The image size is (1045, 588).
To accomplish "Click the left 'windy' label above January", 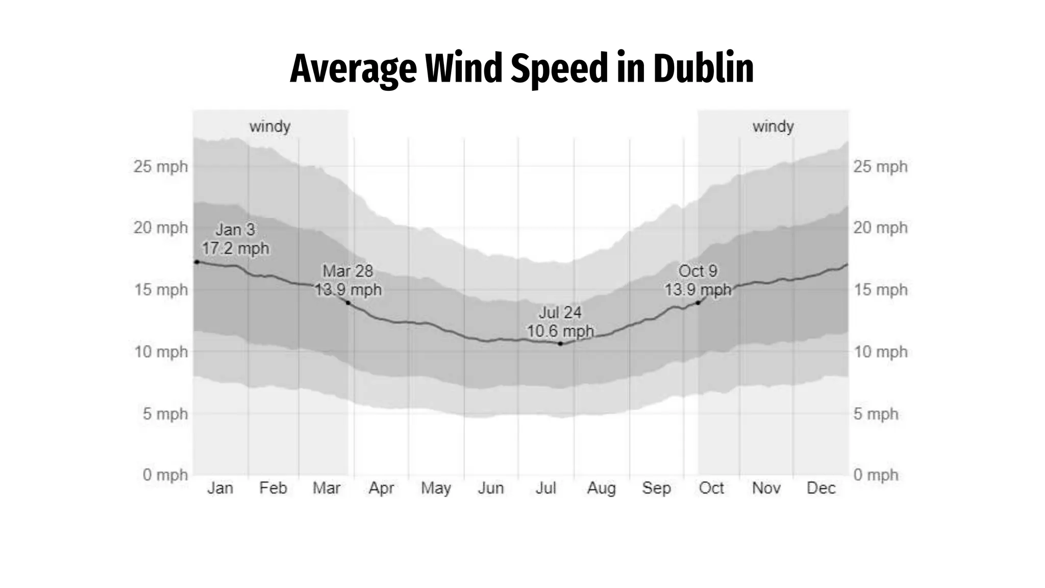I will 270,126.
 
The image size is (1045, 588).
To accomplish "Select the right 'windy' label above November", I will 773,126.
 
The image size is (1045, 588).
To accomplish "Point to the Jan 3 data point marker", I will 197,262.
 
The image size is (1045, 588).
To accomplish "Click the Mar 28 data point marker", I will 348,303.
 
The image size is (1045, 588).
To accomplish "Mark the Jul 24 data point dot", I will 560,344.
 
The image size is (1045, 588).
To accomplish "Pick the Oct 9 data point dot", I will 698,303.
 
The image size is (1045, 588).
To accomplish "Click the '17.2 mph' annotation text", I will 235,249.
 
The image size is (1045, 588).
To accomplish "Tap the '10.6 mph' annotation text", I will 560,331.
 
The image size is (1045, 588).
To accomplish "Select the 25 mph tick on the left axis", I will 161,166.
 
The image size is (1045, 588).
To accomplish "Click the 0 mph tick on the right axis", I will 876,475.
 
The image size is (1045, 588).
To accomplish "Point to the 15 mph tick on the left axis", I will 161,290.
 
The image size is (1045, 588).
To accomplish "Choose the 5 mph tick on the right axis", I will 876,413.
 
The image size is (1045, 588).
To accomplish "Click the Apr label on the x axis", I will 381,488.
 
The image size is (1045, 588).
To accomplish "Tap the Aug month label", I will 601,488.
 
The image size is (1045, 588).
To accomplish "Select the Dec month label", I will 820,488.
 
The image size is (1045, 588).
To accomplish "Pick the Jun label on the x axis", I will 490,488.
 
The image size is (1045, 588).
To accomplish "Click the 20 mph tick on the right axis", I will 880,228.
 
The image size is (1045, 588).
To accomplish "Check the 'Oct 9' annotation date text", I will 698,271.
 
